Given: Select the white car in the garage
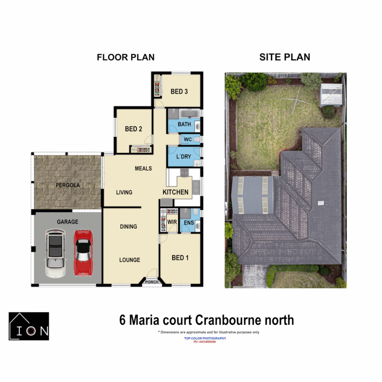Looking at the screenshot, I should tap(56, 253).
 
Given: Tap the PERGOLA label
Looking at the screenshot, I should tap(68, 185).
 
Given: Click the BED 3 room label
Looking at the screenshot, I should tap(179, 92).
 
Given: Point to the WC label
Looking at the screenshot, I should tap(188, 139).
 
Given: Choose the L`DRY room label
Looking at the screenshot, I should tap(184, 156).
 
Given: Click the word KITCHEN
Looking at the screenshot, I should tap(175, 192).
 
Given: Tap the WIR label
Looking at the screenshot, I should tap(173, 222).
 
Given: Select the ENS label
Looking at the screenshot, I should tap(189, 222).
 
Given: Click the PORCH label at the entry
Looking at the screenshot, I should tap(152, 282).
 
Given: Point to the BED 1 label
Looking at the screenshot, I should tap(180, 257).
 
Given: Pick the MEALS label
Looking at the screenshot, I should tap(143, 168).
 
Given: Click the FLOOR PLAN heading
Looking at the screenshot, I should tap(126, 57).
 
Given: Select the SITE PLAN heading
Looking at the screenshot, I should tap(285, 57).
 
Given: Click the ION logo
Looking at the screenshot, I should tap(29, 326).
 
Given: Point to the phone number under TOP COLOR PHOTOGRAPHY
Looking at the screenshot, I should tap(205, 342).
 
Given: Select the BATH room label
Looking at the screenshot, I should tap(184, 124).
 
